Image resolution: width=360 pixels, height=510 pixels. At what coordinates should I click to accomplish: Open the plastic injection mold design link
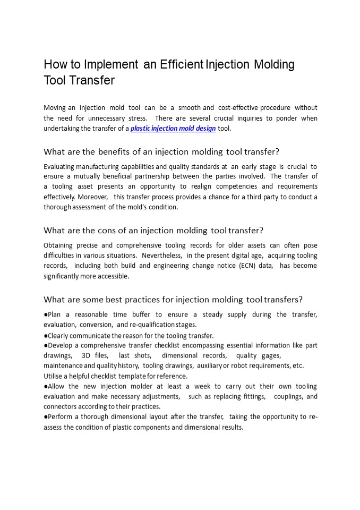(173, 129)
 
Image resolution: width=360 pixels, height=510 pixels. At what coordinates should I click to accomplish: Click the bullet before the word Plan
(46, 314)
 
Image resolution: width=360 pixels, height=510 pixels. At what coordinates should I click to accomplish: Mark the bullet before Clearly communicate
(46, 336)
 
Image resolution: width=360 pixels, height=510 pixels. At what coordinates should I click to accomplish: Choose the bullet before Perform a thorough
(46, 417)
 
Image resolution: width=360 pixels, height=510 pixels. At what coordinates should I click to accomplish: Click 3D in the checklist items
(87, 355)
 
